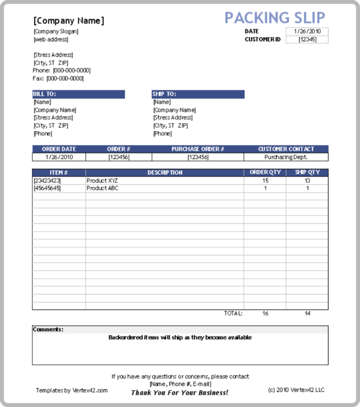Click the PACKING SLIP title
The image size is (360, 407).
click(x=275, y=18)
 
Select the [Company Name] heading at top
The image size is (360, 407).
click(x=69, y=21)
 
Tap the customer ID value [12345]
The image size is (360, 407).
click(x=307, y=39)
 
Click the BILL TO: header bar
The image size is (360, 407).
click(x=78, y=94)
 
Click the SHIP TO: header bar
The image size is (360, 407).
click(x=198, y=94)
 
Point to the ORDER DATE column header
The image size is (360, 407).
click(x=59, y=149)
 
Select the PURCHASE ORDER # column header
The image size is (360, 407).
click(x=197, y=149)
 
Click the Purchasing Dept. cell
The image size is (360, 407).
click(x=286, y=157)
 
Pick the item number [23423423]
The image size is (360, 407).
click(x=47, y=181)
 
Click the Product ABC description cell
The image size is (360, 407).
click(x=102, y=188)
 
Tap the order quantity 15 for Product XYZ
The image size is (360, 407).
click(x=265, y=181)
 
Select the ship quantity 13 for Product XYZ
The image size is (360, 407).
click(x=307, y=181)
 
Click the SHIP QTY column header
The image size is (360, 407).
click(x=307, y=173)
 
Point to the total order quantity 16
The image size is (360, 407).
click(x=265, y=313)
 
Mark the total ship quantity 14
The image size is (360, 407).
click(x=307, y=313)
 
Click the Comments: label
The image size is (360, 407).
click(x=48, y=330)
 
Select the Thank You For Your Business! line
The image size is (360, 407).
click(x=180, y=392)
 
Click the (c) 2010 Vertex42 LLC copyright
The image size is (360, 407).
click(x=296, y=390)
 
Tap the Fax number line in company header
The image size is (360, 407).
click(x=58, y=78)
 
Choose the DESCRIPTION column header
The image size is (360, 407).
click(x=165, y=173)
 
